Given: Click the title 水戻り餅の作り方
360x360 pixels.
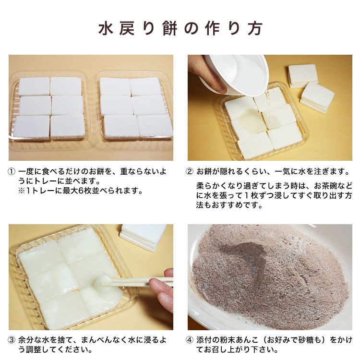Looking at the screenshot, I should tap(180, 28).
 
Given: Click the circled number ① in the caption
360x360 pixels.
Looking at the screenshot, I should tap(12, 172).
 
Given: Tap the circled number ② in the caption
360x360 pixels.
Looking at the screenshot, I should tap(191, 172).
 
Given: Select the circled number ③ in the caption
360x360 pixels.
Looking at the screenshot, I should tap(12, 340).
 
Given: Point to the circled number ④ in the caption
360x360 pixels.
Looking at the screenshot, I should tap(191, 340).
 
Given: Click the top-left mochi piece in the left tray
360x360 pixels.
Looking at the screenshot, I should tap(34, 87).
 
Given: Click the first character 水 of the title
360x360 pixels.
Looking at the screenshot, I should tap(105, 28).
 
